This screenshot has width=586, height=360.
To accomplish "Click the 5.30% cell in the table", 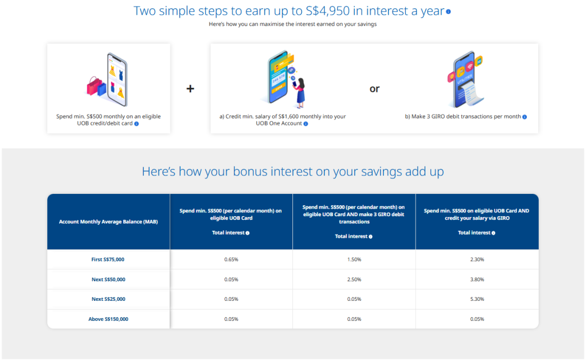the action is click(x=477, y=299).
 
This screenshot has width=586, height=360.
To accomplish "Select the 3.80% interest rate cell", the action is click(x=477, y=279).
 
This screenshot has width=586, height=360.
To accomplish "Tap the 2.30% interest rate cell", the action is click(x=477, y=260).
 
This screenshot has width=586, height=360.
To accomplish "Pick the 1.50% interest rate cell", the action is click(x=354, y=260).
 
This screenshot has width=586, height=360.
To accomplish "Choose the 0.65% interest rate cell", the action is click(x=231, y=260).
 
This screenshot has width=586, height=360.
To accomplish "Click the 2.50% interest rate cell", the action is click(x=354, y=279).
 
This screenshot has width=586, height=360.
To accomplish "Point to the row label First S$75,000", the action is click(x=108, y=260).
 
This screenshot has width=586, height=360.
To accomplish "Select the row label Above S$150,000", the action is click(x=109, y=319).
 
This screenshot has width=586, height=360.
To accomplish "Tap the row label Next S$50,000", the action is click(x=109, y=279).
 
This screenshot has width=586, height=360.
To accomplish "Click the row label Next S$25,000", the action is click(x=109, y=299).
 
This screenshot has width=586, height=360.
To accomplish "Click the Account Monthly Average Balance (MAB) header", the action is click(x=109, y=222).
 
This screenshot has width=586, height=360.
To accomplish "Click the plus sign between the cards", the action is click(x=190, y=89).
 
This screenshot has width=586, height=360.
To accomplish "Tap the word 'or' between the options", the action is click(x=374, y=89).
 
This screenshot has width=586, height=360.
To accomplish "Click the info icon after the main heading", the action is click(x=449, y=11).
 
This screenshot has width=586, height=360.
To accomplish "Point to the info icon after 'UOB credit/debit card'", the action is click(x=136, y=124).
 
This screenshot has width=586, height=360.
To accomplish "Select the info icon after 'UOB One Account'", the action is click(x=305, y=124).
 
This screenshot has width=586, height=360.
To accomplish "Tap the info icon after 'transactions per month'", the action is click(x=525, y=117).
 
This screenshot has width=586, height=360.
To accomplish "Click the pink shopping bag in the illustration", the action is click(x=93, y=86).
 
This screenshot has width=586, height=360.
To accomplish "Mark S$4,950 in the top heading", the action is click(x=328, y=11).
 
